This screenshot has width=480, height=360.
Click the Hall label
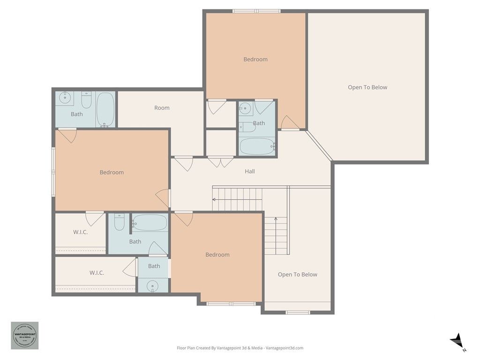tap(250, 172)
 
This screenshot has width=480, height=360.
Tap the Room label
tap(162, 108)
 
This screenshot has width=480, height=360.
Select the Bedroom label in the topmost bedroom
tap(255, 60)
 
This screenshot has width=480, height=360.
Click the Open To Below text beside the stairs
tap(297, 275)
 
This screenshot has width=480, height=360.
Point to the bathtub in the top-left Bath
tap(105, 109)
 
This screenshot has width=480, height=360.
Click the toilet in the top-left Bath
tap(86, 99)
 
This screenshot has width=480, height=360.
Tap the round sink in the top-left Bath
tap(65, 98)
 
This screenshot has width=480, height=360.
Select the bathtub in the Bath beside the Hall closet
tap(257, 146)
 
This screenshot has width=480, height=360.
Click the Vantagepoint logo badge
tap(25, 335)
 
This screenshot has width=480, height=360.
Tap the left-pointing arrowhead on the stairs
tap(214, 199)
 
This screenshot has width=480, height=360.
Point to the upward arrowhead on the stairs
tap(276, 219)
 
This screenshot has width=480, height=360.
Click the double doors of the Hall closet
tap(221, 162)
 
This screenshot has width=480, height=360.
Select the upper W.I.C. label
tap(80, 232)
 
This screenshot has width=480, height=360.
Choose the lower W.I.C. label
tap(97, 273)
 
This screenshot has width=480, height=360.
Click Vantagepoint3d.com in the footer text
tap(285, 348)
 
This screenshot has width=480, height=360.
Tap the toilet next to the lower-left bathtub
tap(120, 222)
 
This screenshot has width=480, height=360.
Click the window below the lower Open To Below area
tap(298, 312)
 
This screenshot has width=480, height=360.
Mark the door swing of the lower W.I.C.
tap(130, 268)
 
